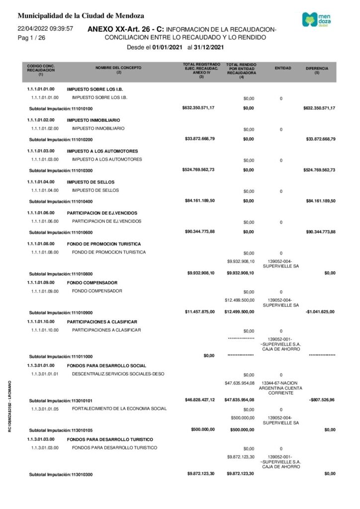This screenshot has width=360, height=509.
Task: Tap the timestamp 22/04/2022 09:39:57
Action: coord(45,29)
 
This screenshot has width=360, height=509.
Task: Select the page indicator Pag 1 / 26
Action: coord(31,38)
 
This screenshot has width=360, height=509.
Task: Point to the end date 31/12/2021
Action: coord(209,48)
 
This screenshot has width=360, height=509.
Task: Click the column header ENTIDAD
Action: coord(283,68)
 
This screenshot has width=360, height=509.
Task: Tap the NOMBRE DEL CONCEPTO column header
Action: coord(118,70)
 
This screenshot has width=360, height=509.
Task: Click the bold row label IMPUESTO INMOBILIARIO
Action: coord(93,120)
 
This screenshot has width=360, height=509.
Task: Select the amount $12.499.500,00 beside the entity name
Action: coord(240,300)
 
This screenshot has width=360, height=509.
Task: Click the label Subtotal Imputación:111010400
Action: coord(61,201)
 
